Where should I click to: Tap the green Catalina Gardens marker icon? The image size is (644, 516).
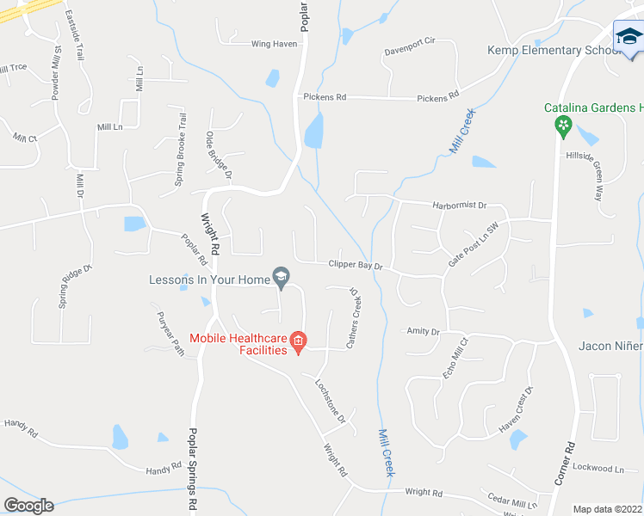point(563,126)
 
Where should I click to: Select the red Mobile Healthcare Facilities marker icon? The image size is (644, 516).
point(298,342)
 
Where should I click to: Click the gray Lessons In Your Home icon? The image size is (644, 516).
point(280,276)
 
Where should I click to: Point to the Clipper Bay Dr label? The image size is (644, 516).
point(355,266)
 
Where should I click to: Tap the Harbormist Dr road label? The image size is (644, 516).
point(460,206)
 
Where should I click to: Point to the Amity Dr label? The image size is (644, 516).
point(423,331)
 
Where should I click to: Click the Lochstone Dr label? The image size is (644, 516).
point(330,401)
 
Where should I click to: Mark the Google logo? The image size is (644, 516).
point(28,506)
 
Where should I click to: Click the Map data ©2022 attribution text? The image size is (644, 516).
point(606,509)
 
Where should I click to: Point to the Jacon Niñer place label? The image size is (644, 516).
point(611,346)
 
